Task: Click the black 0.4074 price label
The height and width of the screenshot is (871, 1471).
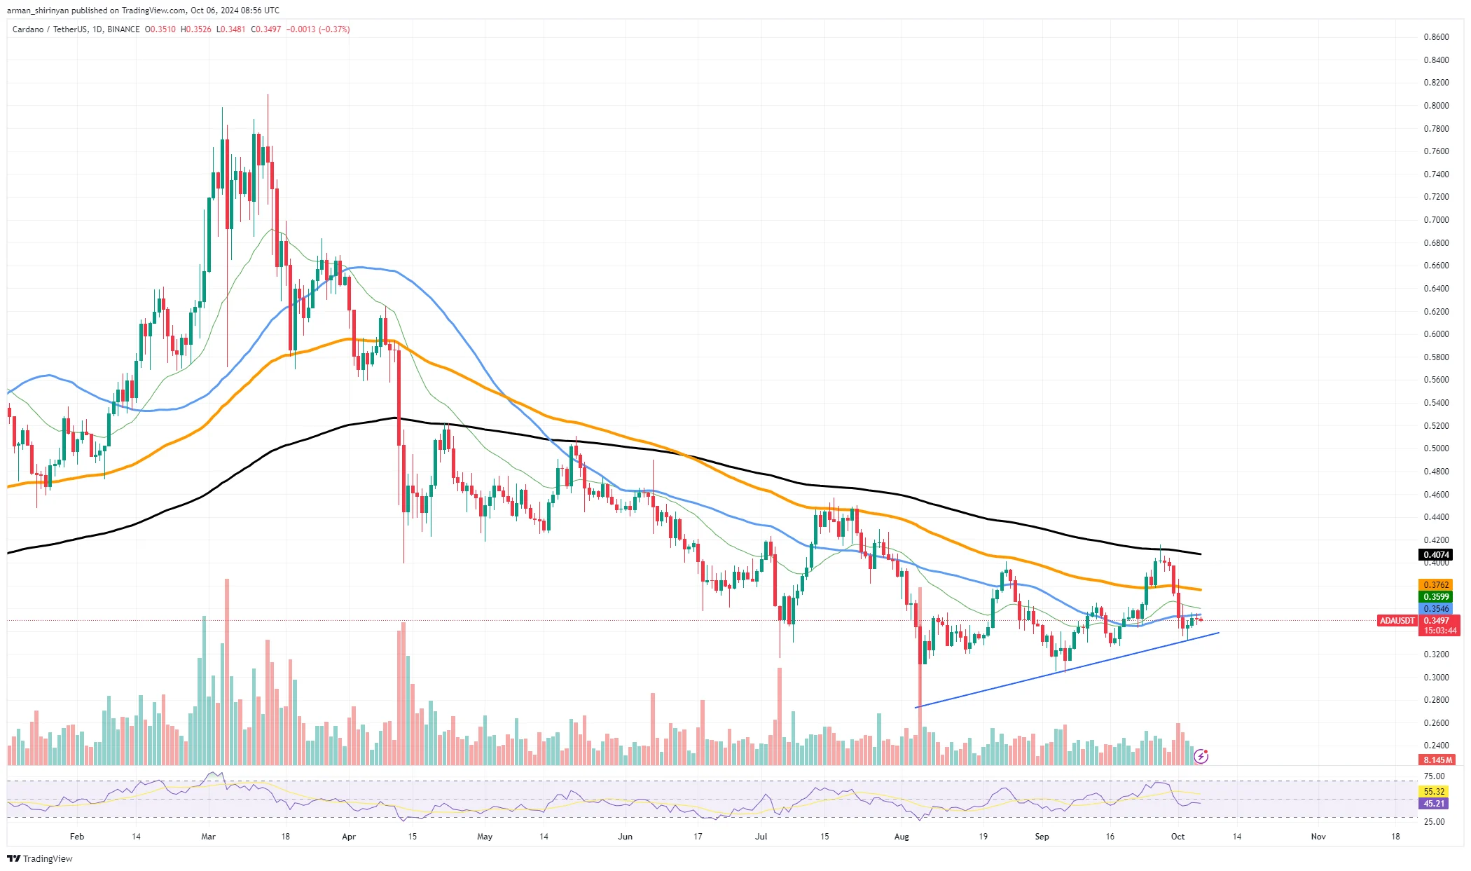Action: (1435, 555)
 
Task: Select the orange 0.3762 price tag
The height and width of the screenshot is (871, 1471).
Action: (1435, 585)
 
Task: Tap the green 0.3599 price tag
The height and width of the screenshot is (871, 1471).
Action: (1435, 597)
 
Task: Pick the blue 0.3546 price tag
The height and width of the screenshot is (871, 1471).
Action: (1435, 609)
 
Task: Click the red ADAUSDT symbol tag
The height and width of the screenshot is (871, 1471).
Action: (1397, 621)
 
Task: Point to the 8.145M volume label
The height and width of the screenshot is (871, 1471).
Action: (1437, 760)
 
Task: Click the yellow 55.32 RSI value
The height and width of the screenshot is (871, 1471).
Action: (1435, 792)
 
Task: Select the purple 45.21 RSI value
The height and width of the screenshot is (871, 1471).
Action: (1435, 804)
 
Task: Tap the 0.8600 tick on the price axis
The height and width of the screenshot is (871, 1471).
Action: (1436, 37)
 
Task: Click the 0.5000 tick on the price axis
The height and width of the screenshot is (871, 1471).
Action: (1436, 448)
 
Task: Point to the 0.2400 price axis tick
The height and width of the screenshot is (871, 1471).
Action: (1436, 746)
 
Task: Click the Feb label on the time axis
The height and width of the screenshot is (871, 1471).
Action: (77, 837)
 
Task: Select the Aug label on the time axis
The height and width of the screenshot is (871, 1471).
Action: (902, 837)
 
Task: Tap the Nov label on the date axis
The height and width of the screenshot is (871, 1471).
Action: (1318, 837)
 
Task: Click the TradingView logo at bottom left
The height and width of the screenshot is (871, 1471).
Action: (40, 859)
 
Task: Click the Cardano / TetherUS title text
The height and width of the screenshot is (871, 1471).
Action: (50, 29)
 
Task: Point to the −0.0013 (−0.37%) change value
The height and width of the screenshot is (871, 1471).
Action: (318, 29)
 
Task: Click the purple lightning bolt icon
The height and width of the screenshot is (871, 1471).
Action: (1201, 756)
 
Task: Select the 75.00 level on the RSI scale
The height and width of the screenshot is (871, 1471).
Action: (1435, 776)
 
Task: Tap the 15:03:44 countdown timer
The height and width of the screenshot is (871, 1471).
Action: (1439, 631)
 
